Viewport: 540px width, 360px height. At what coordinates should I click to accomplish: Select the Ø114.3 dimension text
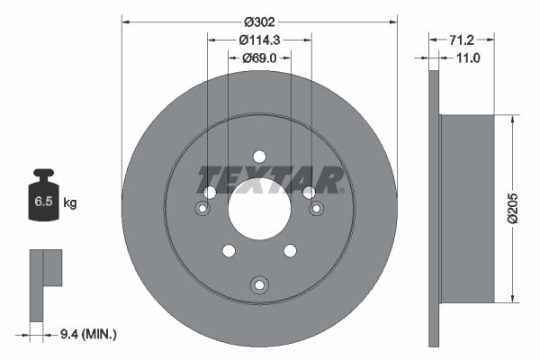pos(260,40)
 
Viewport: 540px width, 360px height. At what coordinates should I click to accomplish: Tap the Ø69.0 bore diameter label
pos(260,58)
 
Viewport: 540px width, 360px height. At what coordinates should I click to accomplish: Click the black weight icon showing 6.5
pos(44,200)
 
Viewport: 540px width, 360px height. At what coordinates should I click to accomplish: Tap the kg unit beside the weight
pos(70,203)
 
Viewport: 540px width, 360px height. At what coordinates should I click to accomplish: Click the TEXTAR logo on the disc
pos(270,180)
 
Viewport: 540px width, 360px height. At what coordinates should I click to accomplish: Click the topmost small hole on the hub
pos(259,156)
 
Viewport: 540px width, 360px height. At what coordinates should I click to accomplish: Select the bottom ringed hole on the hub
pos(259,284)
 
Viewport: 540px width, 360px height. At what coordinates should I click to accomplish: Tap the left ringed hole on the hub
pos(203,209)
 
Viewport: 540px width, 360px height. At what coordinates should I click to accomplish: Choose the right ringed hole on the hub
pos(316,209)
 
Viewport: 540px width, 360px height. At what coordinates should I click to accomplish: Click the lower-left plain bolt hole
pos(229,250)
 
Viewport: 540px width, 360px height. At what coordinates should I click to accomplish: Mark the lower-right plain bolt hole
pos(290,250)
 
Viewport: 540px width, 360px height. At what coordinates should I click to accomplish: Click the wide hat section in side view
pos(466,209)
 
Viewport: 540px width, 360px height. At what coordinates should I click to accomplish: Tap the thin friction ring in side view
pos(435,209)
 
